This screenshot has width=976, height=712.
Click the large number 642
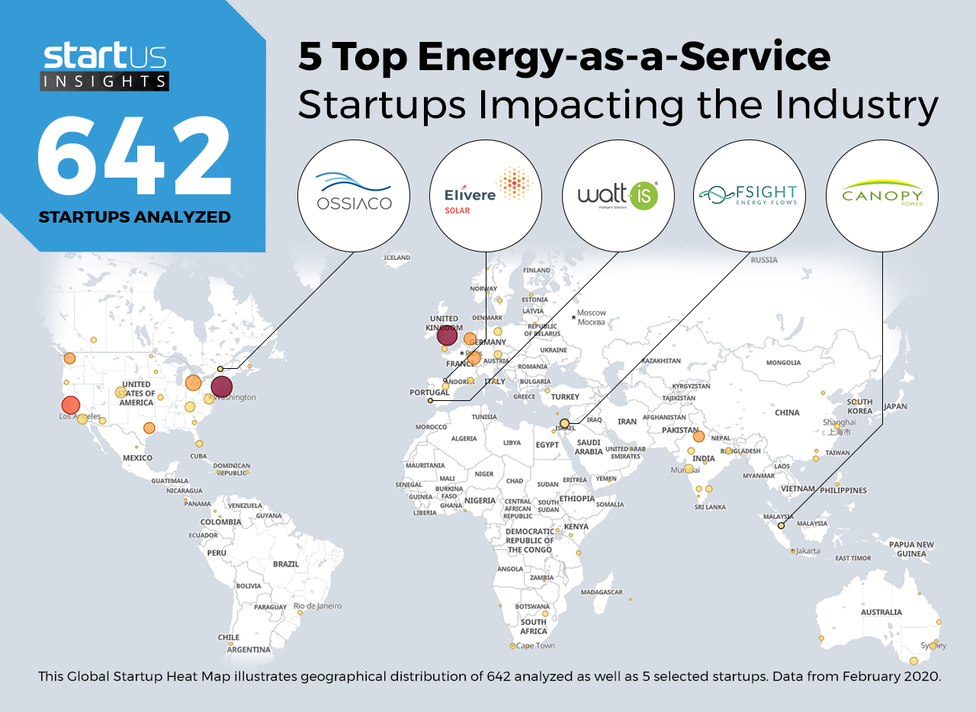tap(134, 156)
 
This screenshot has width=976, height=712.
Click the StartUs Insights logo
tap(105, 67)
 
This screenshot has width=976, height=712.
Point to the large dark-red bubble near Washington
tap(221, 387)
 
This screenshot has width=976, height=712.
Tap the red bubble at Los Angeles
tap(70, 405)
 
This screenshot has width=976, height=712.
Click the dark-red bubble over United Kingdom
tap(447, 335)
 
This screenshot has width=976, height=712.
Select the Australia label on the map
tap(881, 612)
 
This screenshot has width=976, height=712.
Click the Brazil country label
tap(286, 564)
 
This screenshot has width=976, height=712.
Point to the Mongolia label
tap(783, 363)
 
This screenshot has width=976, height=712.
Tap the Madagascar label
tap(602, 592)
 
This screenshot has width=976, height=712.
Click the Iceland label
tap(397, 258)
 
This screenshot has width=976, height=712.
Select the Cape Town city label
tap(535, 646)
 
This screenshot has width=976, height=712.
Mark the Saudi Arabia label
tap(589, 447)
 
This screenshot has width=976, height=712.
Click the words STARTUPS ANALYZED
tap(134, 217)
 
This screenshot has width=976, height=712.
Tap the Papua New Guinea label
tap(911, 549)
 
